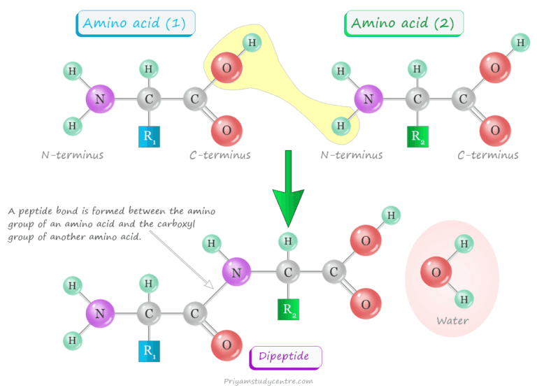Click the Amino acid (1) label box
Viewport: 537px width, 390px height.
point(135,23)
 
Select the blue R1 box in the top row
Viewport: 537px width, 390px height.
point(148,138)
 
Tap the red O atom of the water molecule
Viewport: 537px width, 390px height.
point(436,273)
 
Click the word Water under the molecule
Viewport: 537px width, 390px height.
point(452,321)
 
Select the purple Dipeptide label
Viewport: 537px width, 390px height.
point(286,358)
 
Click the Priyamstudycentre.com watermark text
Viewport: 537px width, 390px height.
point(269,381)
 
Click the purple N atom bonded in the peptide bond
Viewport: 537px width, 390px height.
point(237,272)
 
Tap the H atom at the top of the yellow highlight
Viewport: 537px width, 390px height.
point(252,43)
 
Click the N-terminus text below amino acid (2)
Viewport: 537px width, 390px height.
point(352,154)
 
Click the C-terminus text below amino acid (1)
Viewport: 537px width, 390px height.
point(220,154)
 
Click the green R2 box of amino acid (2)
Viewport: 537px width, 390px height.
point(417,138)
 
